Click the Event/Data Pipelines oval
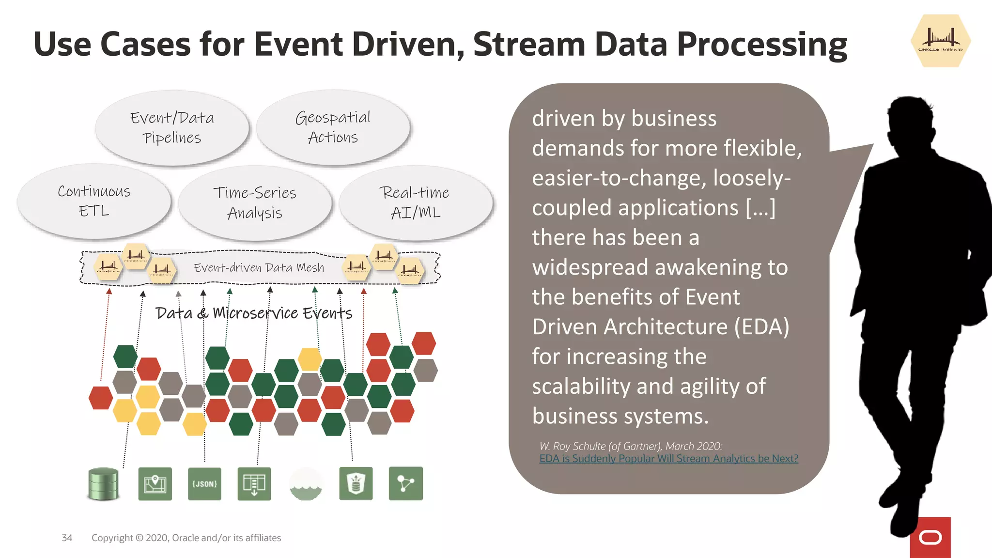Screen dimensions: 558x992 (172, 128)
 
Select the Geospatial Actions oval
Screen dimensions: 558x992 (333, 127)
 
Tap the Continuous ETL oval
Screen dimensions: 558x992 (94, 201)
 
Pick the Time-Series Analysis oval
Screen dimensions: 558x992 (255, 202)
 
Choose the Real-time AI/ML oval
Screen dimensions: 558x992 (416, 202)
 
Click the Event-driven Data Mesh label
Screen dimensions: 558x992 (259, 268)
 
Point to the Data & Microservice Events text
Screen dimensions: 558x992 (254, 313)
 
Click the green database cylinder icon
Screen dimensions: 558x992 (103, 484)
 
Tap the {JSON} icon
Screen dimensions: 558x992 (204, 484)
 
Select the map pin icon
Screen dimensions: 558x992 (155, 484)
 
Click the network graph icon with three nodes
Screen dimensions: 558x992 (405, 483)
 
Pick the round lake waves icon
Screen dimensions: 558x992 (306, 484)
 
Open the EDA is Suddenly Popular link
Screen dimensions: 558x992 (668, 459)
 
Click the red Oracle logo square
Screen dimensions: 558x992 (930, 537)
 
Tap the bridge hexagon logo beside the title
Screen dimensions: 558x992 (940, 41)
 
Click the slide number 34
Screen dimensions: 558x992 (67, 538)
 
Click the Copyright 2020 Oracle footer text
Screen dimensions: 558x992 (186, 538)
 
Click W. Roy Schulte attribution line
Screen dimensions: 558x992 (631, 446)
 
